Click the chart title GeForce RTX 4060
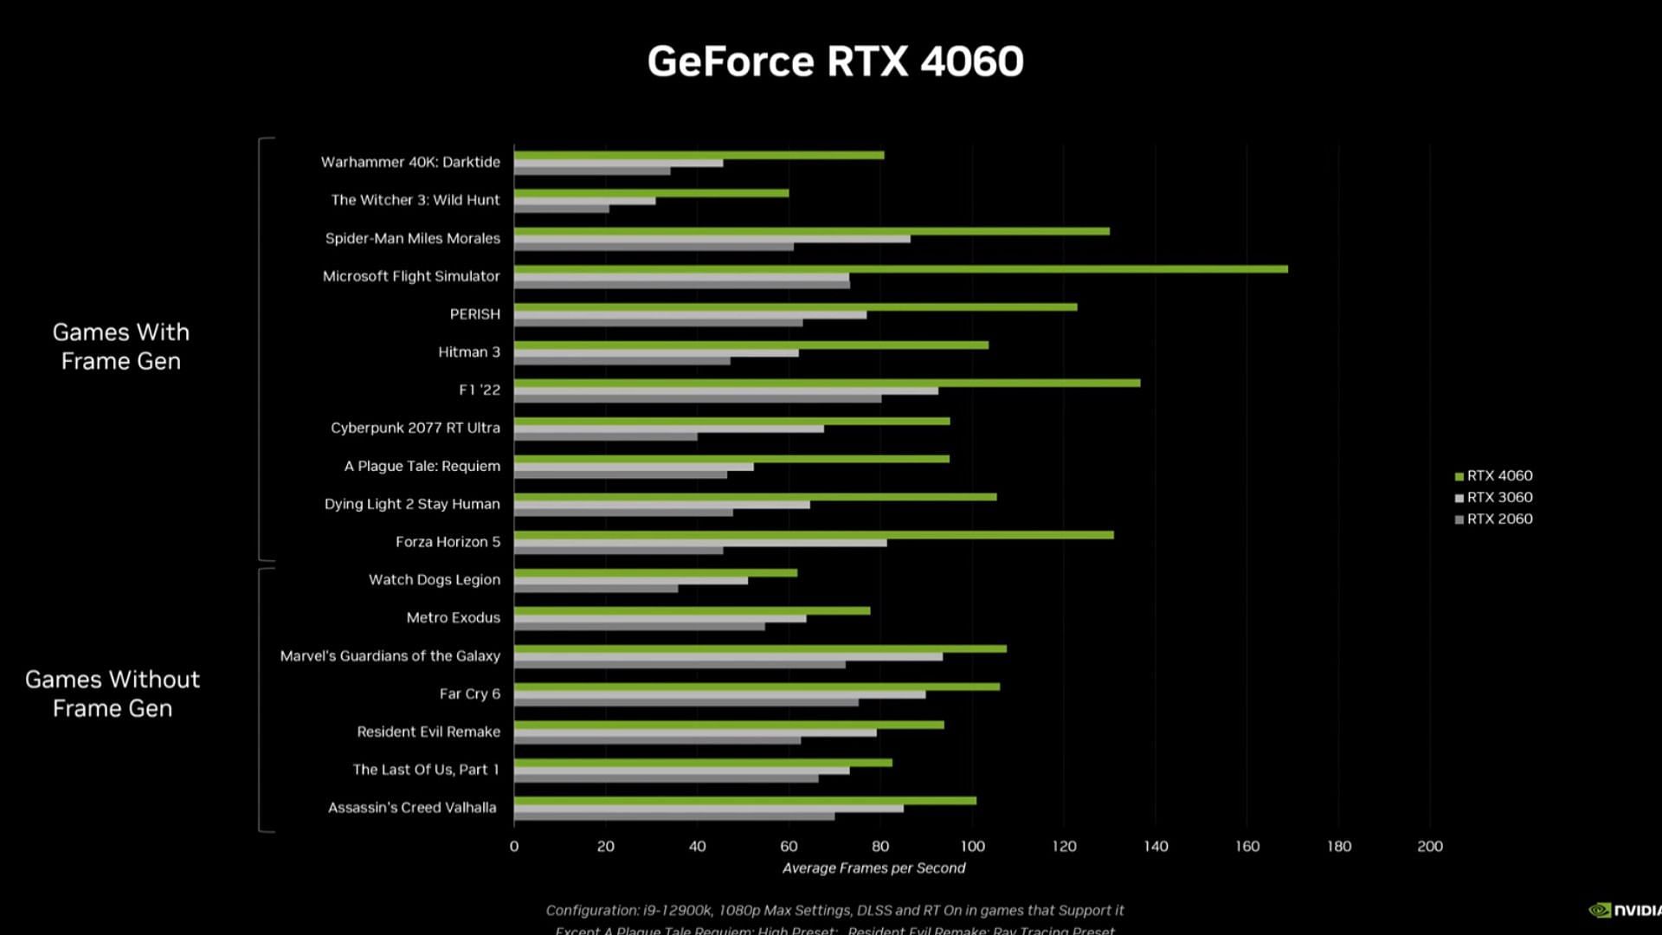835,61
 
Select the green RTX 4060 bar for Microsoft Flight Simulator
900,269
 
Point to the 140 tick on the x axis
1156,847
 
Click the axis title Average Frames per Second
873,868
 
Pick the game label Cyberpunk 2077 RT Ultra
415,428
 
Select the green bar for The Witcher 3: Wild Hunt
651,193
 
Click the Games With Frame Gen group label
120,346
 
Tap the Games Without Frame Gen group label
113,693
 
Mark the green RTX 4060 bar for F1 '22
827,383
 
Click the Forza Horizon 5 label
448,542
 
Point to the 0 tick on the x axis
514,847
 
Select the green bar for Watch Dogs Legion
655,572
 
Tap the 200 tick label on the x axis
1430,847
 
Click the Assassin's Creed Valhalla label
412,808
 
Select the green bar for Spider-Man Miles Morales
811,231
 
